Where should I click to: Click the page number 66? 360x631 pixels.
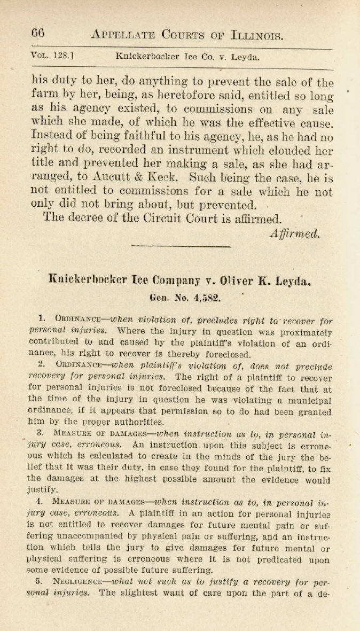pos(37,33)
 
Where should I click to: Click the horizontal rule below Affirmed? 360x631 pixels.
pos(181,246)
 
